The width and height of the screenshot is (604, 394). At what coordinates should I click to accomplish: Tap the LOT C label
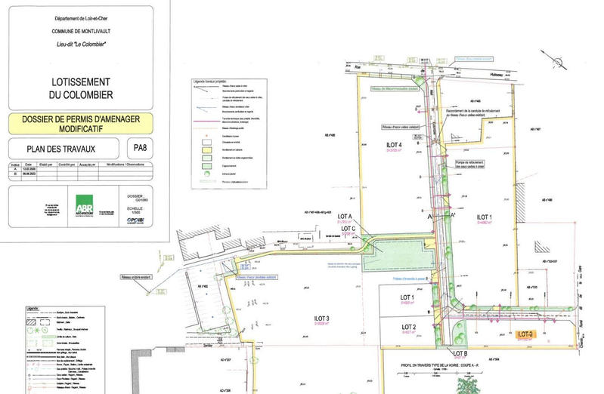coord(348,229)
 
